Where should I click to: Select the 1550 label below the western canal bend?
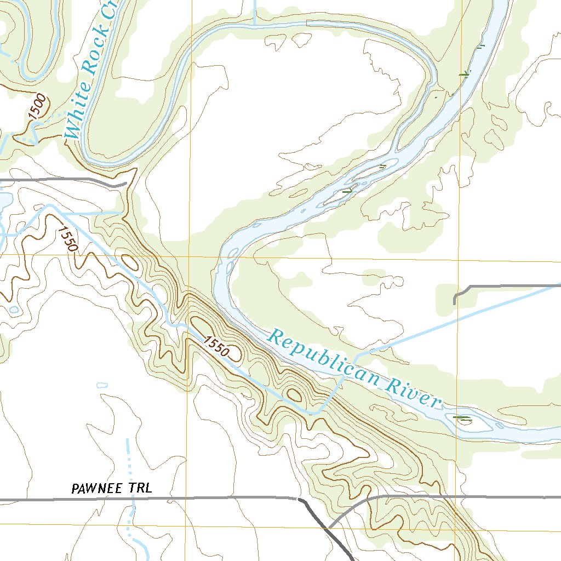pos(66,239)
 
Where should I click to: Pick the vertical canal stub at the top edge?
pos(255,11)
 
